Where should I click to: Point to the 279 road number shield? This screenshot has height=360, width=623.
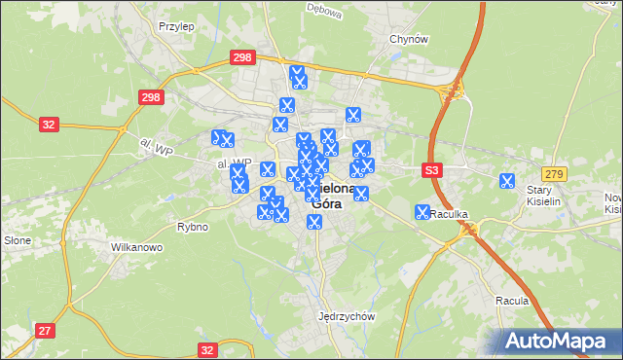[554, 173]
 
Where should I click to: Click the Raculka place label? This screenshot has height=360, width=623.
[451, 213]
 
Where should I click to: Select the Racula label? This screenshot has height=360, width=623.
[511, 301]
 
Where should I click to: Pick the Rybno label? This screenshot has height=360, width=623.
[194, 227]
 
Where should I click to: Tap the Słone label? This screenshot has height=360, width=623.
[18, 239]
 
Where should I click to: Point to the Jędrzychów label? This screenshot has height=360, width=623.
[347, 316]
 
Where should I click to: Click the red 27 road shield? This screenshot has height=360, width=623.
[45, 331]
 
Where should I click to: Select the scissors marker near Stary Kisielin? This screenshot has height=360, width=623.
[506, 180]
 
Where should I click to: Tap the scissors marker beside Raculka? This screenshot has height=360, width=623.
[422, 211]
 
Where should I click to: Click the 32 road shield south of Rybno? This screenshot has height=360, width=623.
[206, 349]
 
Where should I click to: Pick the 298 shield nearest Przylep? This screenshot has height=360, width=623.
[243, 58]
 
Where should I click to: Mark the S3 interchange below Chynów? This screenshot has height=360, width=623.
[452, 91]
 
